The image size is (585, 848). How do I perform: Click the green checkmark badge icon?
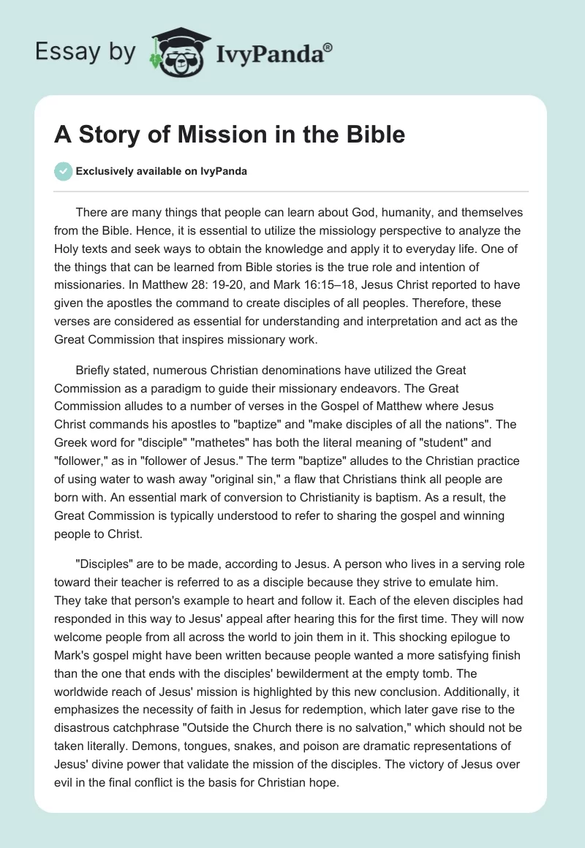tap(63, 171)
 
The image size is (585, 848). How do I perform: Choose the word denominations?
tap(282, 371)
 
